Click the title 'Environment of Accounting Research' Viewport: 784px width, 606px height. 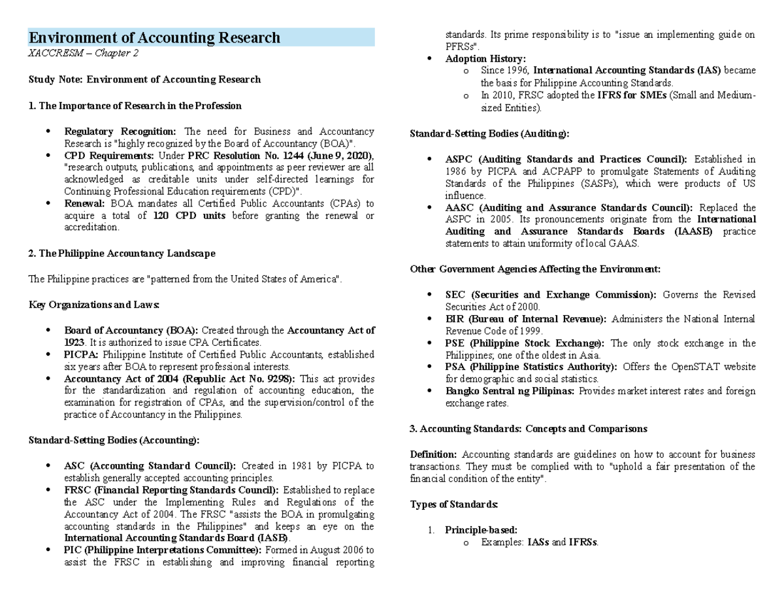[154, 38]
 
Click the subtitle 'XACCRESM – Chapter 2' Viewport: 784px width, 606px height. [83, 54]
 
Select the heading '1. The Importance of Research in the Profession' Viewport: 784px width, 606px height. [135, 105]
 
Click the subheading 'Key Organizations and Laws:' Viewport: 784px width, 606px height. [94, 305]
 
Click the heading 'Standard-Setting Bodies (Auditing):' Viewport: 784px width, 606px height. [489, 133]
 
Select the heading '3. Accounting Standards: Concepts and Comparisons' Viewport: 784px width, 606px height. [528, 429]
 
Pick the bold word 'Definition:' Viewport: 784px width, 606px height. [433, 454]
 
